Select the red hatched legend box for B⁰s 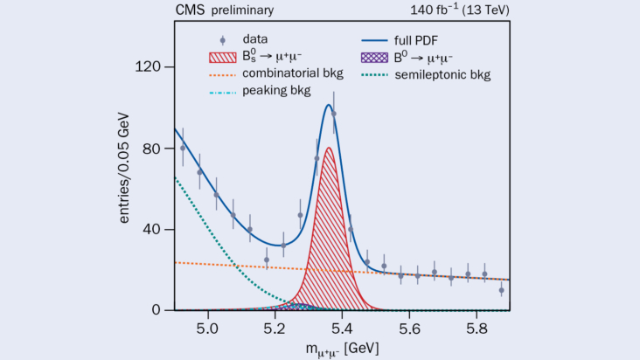point(221,57)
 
